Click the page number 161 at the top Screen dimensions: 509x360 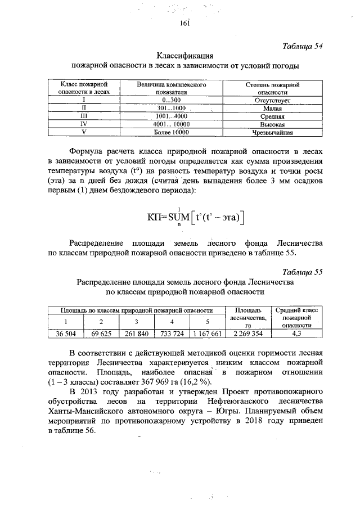tap(186, 22)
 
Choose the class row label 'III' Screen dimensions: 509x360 tap(83, 115)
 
